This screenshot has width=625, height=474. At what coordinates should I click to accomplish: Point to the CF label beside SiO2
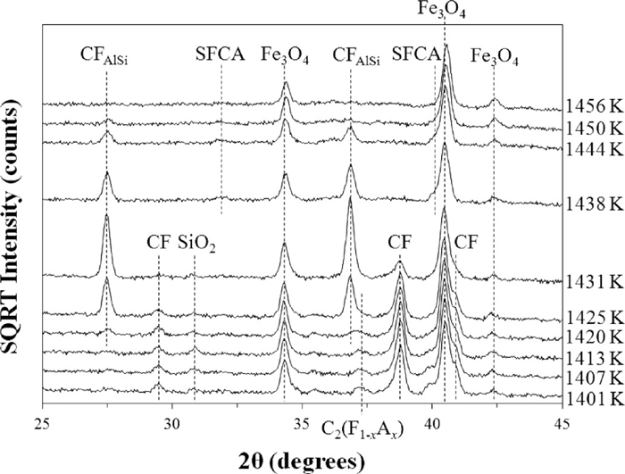pyautogui.click(x=158, y=243)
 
